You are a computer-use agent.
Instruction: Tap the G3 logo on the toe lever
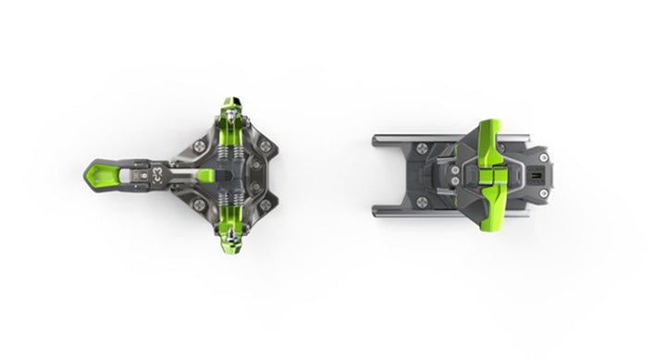click(159, 171)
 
